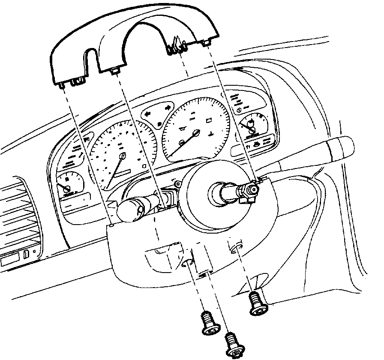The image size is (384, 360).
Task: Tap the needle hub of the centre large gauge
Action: pyautogui.click(x=196, y=133)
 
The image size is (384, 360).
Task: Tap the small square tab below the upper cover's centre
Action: pyautogui.click(x=115, y=71)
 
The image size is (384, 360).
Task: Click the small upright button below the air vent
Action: pyautogui.click(x=26, y=254)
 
